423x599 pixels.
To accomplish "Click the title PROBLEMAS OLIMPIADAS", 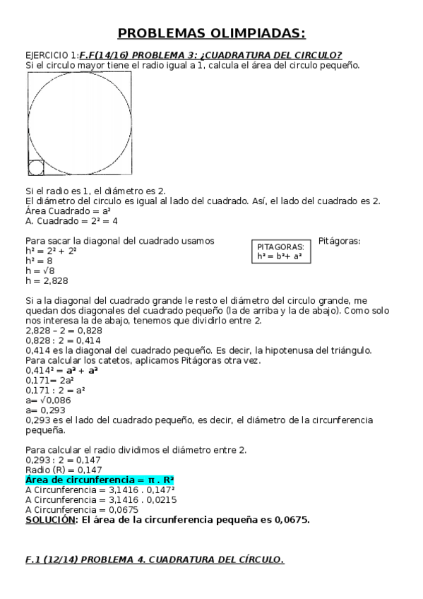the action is click(211, 33).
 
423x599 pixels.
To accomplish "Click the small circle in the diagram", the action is click(36, 167).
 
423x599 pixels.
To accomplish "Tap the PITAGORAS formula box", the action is click(280, 252).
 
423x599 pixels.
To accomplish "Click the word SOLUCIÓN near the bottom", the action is click(50, 519).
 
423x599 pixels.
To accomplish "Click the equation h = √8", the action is click(41, 271).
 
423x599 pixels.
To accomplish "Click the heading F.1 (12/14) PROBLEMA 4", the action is click(155, 559).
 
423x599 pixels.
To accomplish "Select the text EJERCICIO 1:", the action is click(52, 55).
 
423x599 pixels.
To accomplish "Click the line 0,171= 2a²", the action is click(48, 380).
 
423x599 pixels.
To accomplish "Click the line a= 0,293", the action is click(44, 410).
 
